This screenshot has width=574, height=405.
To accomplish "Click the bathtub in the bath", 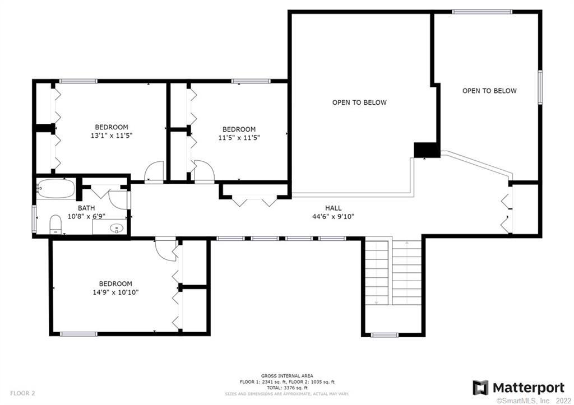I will [x=55, y=188].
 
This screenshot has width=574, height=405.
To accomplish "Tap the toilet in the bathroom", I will [x=55, y=224].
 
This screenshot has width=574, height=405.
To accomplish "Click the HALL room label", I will [x=333, y=208].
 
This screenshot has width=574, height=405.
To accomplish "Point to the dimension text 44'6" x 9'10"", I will [x=333, y=216].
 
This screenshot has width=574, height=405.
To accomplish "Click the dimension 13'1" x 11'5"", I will [x=111, y=135].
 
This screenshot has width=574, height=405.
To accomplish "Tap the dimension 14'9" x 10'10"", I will [x=115, y=292].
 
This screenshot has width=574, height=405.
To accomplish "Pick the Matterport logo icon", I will [x=480, y=388].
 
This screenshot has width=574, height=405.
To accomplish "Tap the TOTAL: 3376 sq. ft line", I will [x=287, y=387].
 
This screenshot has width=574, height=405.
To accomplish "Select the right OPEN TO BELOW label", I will [x=489, y=91].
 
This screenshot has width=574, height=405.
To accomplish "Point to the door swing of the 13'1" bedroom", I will [x=153, y=171].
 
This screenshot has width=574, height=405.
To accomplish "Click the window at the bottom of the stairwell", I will [x=384, y=335].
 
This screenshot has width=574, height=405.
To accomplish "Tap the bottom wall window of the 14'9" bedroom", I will [x=78, y=334].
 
